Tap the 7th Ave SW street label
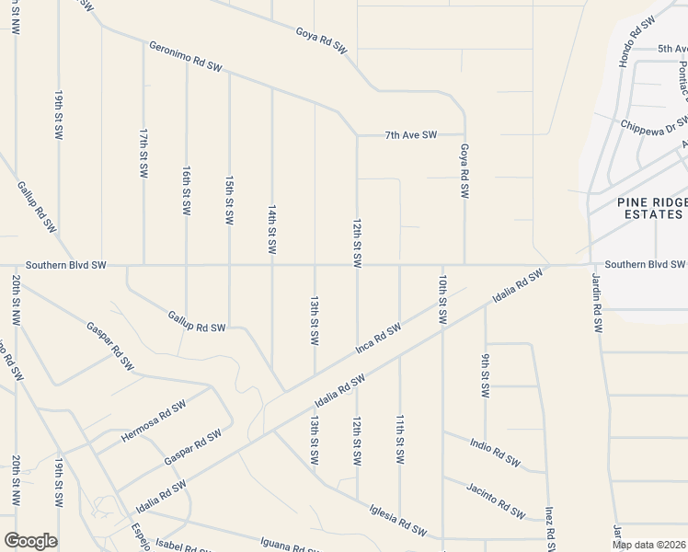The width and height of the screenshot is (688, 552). [410, 135]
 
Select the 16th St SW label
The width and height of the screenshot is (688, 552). [187, 190]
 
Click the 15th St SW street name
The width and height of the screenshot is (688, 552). [230, 200]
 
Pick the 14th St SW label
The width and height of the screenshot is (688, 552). [272, 230]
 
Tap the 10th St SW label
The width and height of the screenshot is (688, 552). [442, 298]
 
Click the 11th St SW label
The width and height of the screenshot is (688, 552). [400, 438]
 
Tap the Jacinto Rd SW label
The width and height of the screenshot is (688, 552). [495, 498]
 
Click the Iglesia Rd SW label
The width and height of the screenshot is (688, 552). [398, 519]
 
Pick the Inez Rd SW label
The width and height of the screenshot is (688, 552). [549, 524]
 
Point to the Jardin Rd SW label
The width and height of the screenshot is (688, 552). [595, 305]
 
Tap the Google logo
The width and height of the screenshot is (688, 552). [30, 541]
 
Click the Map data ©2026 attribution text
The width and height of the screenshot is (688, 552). [649, 545]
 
